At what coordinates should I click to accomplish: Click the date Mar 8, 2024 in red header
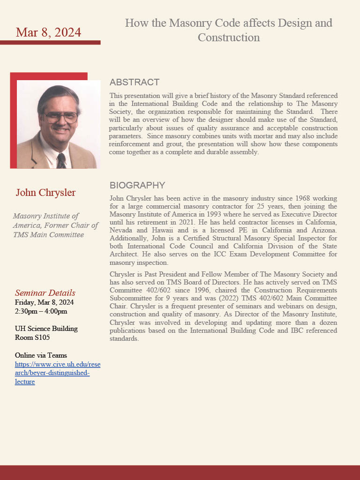point(48,32)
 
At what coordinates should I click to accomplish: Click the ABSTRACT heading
point(135,82)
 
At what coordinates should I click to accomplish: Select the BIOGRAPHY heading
point(137,185)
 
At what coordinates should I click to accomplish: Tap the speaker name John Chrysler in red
point(45,193)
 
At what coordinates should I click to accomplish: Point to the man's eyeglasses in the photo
point(61,117)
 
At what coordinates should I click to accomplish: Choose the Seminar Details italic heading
point(45,293)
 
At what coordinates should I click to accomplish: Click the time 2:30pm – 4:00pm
point(41,311)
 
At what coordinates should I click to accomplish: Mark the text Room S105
point(32,337)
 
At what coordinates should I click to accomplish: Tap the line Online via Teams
point(41,355)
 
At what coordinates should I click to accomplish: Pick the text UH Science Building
point(46,329)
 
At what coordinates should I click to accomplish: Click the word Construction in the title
point(229,37)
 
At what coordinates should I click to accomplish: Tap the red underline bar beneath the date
point(50,43)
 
